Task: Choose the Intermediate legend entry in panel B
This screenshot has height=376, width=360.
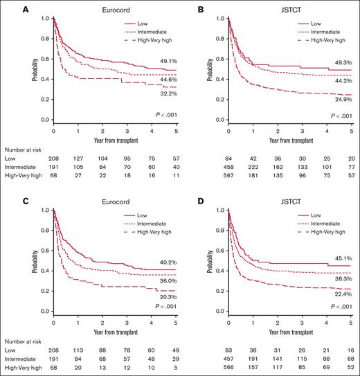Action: [319, 32]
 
